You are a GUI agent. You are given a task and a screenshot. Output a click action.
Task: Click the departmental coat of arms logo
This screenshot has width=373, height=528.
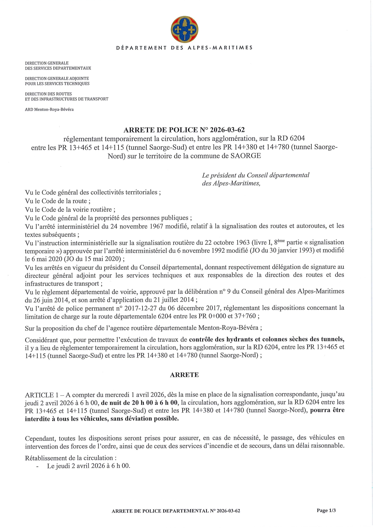tap(184, 29)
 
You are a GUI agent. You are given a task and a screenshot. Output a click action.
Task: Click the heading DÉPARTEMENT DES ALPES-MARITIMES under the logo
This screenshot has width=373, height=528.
tap(184, 48)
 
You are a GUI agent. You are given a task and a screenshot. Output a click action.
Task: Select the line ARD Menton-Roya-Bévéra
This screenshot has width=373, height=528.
tap(49, 110)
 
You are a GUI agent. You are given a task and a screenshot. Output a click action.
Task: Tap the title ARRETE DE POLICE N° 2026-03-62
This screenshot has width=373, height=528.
tap(184, 130)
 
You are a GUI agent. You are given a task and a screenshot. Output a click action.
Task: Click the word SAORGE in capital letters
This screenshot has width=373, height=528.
tap(246, 156)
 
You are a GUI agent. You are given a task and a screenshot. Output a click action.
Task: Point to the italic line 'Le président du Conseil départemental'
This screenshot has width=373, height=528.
tap(256, 175)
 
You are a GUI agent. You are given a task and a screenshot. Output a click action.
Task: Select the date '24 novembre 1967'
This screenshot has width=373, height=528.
tap(134, 226)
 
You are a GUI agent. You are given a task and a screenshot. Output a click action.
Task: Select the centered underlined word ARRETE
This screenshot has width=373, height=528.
tap(184, 375)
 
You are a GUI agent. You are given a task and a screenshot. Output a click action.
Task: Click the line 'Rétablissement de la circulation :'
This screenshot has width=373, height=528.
tap(71, 458)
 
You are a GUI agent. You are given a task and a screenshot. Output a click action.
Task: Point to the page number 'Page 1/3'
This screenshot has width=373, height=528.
tap(326, 510)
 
